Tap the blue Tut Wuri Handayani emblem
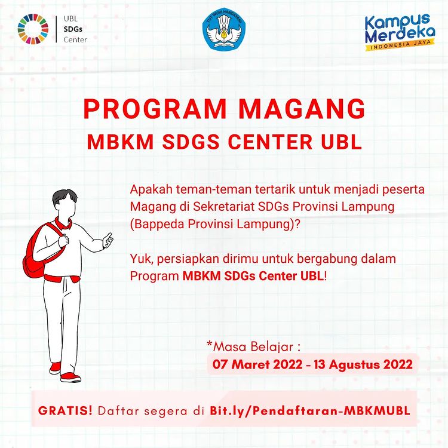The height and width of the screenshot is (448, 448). [x=224, y=29]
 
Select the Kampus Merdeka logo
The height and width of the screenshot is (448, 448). [x=400, y=32]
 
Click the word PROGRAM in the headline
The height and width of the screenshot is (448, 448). [x=155, y=109]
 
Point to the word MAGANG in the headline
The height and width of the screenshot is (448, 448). [x=302, y=109]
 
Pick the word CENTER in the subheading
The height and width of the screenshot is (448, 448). [x=270, y=142]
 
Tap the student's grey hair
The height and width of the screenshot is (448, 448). [x=65, y=197]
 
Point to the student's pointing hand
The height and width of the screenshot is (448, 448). [x=108, y=240]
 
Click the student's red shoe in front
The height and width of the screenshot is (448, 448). [x=70, y=377]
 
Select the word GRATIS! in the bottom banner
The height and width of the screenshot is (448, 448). [x=65, y=410]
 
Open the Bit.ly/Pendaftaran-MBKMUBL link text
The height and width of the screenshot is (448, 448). [x=310, y=411]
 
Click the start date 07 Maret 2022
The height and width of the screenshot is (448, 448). [x=257, y=364]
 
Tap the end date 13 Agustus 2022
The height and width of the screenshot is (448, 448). [x=363, y=364]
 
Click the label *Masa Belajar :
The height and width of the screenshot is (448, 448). [x=253, y=346]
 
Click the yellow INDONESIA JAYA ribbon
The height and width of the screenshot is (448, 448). [x=400, y=45]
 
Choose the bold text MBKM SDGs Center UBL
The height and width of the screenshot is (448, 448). [x=253, y=277]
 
